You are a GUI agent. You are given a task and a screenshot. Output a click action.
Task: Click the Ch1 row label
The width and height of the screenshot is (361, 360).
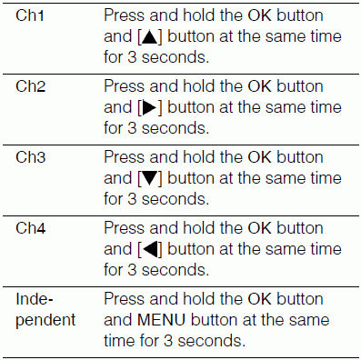coord(30,15)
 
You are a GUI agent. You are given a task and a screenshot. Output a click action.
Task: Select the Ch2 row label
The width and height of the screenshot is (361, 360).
coord(30,86)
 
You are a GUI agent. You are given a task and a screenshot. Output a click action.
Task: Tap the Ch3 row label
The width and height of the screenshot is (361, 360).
coord(30,157)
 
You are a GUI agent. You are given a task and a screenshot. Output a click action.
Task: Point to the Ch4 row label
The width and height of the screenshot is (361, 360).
coord(30,228)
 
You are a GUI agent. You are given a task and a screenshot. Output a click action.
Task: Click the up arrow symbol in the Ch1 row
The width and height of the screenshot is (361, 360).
coord(150,37)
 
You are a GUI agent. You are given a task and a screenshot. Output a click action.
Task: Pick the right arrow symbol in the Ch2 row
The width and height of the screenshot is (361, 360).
coord(149,108)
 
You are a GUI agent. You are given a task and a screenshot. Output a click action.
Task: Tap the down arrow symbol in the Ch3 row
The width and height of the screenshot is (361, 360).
coord(150,179)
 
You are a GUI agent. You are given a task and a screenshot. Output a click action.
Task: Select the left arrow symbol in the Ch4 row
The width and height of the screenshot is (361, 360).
coord(150,250)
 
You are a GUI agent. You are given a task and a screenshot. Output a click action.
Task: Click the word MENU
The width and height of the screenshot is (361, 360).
coord(161,320)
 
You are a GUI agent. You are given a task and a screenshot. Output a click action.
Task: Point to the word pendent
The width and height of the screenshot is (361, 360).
coord(45,321)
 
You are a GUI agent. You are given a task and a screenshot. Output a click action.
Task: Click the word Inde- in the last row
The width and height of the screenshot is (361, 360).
coord(35,299)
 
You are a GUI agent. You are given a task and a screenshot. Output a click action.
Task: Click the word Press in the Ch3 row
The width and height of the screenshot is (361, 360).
coord(125,157)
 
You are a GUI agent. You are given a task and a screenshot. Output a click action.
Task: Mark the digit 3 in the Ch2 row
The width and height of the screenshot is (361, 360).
coord(132,128)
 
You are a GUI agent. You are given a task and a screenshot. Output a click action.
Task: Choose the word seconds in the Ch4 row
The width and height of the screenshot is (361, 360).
coord(175,270)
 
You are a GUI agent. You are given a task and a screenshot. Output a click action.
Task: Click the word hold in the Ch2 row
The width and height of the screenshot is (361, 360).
coord(199,86)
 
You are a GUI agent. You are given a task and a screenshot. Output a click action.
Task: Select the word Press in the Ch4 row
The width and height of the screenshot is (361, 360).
coord(125,228)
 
